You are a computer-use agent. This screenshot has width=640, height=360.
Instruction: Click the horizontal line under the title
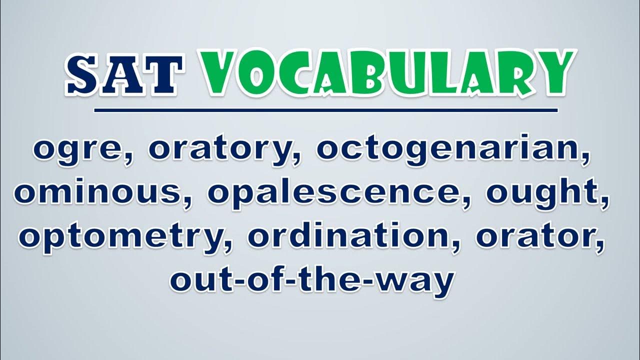(325, 110)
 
